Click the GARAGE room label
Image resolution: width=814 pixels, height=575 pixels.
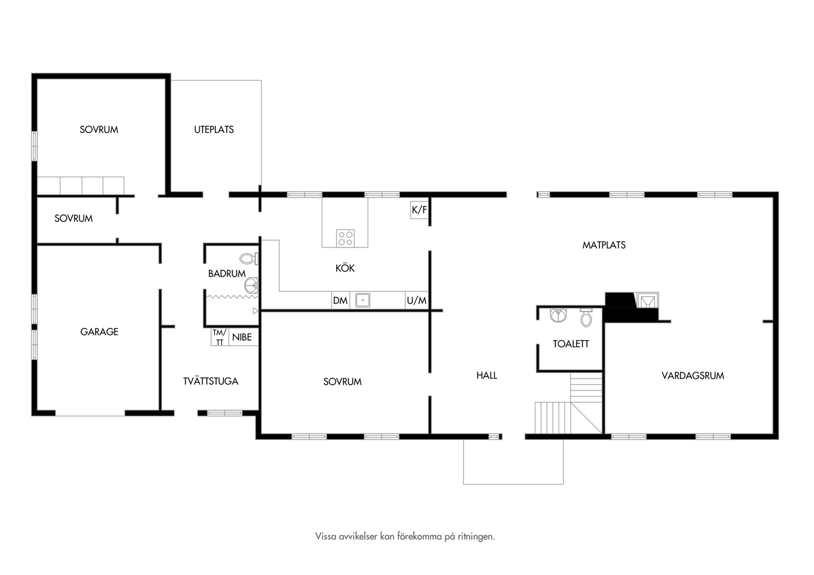99,332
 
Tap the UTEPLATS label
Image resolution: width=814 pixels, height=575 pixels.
214,130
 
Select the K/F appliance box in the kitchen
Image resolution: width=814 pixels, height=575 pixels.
419,210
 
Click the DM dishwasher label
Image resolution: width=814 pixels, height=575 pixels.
340,301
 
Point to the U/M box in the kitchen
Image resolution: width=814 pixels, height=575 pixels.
417,301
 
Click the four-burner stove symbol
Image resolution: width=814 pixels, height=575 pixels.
346,238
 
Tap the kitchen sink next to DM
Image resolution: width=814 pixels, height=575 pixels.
362,300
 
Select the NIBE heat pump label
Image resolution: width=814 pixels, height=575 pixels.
242,337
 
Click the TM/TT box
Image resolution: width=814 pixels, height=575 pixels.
220,337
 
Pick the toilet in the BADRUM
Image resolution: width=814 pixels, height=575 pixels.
249,258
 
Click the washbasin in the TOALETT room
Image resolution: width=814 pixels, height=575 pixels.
558,315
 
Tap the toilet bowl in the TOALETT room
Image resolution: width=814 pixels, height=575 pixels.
586,317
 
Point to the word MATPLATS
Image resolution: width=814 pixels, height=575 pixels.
604,245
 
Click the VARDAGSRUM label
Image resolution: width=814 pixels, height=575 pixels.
693,375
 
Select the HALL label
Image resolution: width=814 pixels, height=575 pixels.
487,375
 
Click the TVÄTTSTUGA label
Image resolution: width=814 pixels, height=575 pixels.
211,381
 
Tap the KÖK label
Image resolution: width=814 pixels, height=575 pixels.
345,268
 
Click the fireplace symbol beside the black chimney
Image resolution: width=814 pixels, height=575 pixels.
646,300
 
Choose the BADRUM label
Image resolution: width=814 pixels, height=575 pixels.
227,274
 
